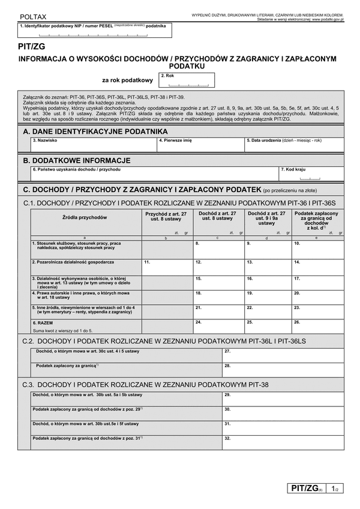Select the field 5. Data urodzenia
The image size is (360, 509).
pyautogui.click(x=294, y=146)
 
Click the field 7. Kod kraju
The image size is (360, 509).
pyautogui.click(x=312, y=175)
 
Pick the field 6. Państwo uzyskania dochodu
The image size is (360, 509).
pyautogui.click(x=154, y=175)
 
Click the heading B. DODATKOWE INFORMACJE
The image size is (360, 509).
pyautogui.click(x=77, y=160)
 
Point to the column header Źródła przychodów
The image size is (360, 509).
pyautogui.click(x=85, y=217)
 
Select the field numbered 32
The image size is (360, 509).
pyautogui.click(x=282, y=442)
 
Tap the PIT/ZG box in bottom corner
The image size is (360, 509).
pyautogui.click(x=306, y=490)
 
